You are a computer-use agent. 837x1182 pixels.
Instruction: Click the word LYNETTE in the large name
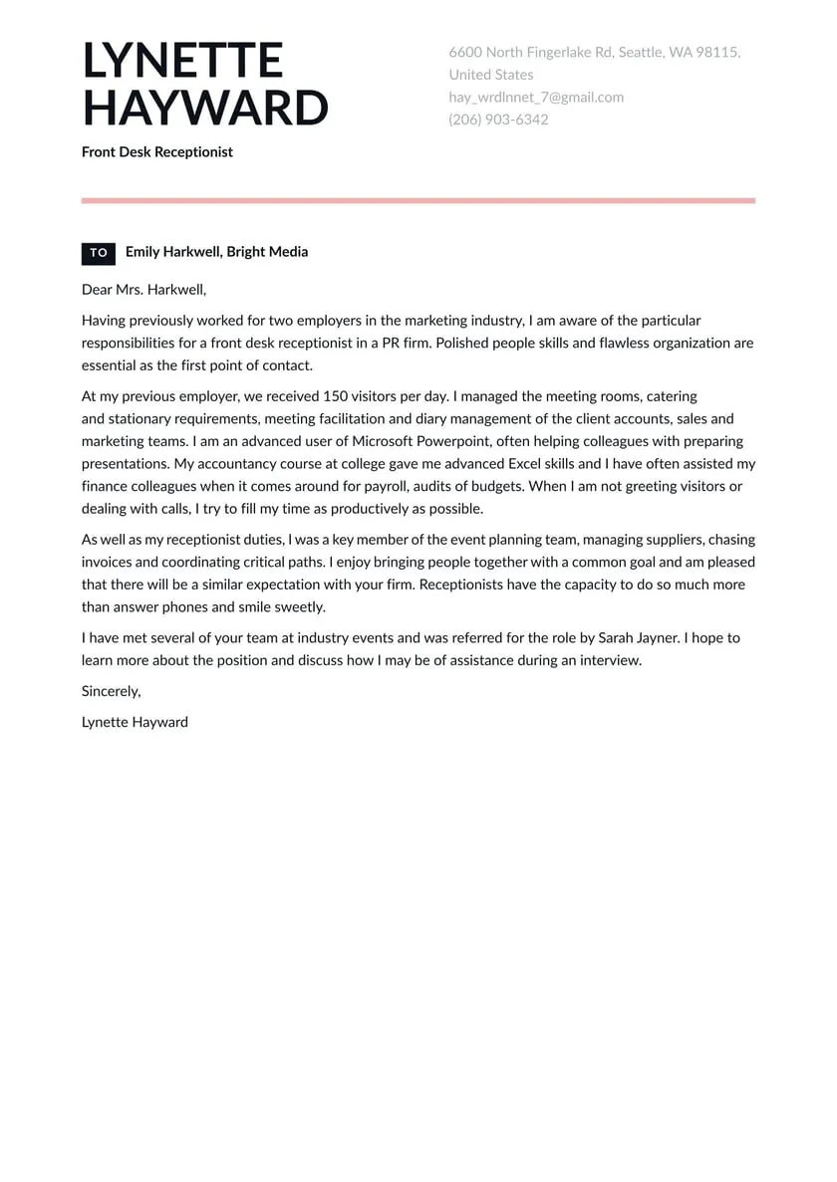(x=182, y=62)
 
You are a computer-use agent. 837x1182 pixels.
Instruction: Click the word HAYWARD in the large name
(x=204, y=108)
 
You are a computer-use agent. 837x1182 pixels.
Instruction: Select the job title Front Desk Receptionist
(x=157, y=152)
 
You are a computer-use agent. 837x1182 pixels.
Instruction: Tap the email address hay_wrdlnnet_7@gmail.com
(x=536, y=98)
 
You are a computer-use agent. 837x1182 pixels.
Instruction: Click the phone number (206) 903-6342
(x=498, y=119)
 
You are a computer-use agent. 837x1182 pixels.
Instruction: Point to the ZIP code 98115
(x=718, y=53)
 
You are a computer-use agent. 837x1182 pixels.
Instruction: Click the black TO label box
(x=99, y=253)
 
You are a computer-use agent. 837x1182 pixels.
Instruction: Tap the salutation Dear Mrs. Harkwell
(x=143, y=290)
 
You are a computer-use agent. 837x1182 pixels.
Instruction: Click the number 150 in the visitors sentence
(x=336, y=396)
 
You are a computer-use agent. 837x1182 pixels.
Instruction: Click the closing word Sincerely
(x=111, y=691)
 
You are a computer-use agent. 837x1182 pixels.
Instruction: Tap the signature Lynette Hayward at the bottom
(x=135, y=722)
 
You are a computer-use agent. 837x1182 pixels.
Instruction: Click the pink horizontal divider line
(x=418, y=201)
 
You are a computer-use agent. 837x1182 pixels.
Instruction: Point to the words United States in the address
(x=490, y=75)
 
